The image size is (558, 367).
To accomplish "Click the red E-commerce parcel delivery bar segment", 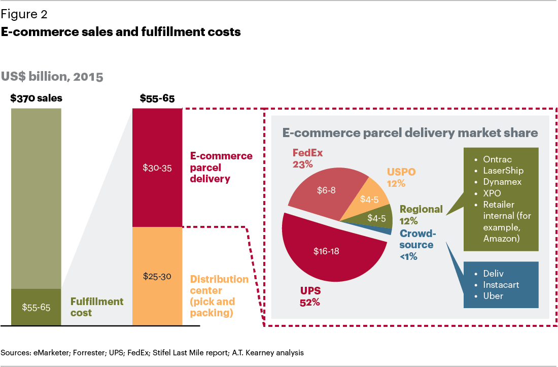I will pos(157,168).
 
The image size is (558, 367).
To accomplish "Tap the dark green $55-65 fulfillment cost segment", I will pos(36,307).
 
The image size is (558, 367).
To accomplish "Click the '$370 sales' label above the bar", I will pos(36,98).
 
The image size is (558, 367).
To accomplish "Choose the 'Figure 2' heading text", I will pos(24,15).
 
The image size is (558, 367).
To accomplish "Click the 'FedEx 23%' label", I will pos(307,158).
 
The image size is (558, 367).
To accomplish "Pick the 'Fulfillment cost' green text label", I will pos(97,307).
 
